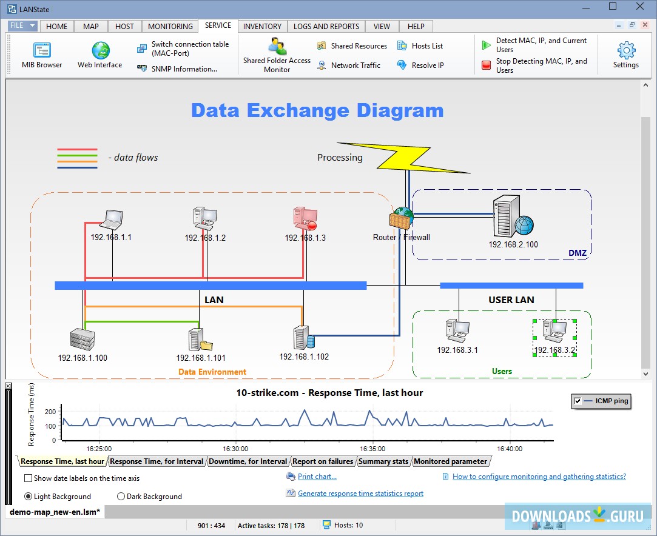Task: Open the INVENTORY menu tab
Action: (262, 26)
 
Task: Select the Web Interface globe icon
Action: (101, 51)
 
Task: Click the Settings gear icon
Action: (625, 51)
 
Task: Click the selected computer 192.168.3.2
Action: (554, 332)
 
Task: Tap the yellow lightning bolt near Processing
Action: (404, 158)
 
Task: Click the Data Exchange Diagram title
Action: (317, 110)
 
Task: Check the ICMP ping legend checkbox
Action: (578, 401)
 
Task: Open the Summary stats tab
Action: (383, 461)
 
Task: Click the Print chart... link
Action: (317, 477)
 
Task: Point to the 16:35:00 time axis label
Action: (372, 449)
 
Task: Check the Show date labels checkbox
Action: (29, 478)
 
